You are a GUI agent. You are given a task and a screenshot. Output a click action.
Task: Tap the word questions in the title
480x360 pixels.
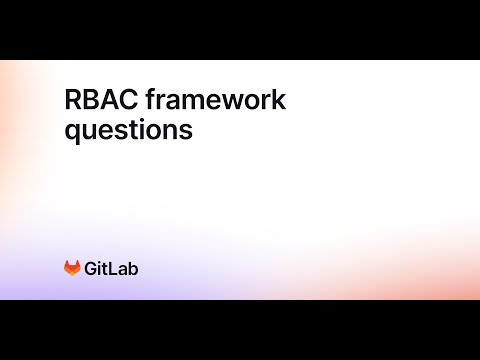pyautogui.click(x=128, y=131)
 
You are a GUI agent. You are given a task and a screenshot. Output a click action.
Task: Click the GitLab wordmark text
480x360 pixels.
pyautogui.click(x=112, y=268)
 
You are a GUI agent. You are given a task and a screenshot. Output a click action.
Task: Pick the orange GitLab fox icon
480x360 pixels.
pyautogui.click(x=72, y=268)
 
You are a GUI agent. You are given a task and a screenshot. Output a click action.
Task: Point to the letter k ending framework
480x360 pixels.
pyautogui.click(x=280, y=101)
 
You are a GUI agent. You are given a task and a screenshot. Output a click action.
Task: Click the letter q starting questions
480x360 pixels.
pyautogui.click(x=72, y=133)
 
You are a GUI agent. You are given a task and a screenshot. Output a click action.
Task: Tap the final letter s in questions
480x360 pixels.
pyautogui.click(x=186, y=131)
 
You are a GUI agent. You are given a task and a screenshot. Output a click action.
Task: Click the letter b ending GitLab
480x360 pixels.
pyautogui.click(x=134, y=268)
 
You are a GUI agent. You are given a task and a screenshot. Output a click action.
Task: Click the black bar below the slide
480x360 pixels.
pyautogui.click(x=240, y=330)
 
